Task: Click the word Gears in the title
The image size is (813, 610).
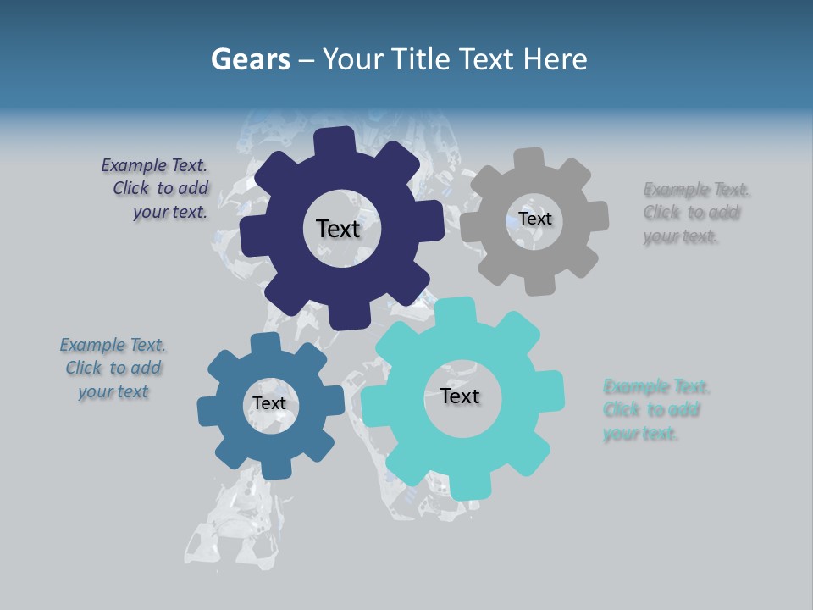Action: (x=250, y=59)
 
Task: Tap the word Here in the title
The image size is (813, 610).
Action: (x=555, y=59)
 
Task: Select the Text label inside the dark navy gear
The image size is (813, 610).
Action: (x=338, y=229)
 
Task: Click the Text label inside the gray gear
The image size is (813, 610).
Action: (x=535, y=219)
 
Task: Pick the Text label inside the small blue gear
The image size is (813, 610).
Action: (x=269, y=403)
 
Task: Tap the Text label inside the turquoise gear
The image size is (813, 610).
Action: (x=460, y=396)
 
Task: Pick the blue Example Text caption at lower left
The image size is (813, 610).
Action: (x=113, y=369)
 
